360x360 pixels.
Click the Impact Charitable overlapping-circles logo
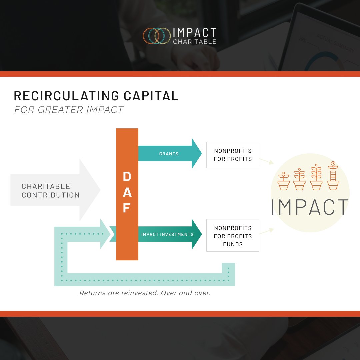point(157,36)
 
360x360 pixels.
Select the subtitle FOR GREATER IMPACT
point(69,109)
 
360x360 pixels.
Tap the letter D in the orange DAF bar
point(127,177)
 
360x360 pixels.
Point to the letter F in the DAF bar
point(126,208)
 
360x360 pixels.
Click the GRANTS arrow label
point(168,154)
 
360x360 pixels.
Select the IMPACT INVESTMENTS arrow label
point(167,234)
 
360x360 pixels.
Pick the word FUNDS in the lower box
point(233,244)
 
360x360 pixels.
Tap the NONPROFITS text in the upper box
point(233,151)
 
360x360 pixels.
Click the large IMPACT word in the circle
point(310,207)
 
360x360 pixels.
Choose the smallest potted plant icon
point(284,181)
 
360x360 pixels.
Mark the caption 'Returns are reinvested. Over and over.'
point(145,293)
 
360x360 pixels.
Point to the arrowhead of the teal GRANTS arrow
point(197,154)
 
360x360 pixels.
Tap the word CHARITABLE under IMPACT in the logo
point(194,42)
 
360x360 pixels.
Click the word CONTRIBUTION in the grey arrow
point(51,195)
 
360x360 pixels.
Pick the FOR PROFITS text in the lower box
point(233,236)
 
